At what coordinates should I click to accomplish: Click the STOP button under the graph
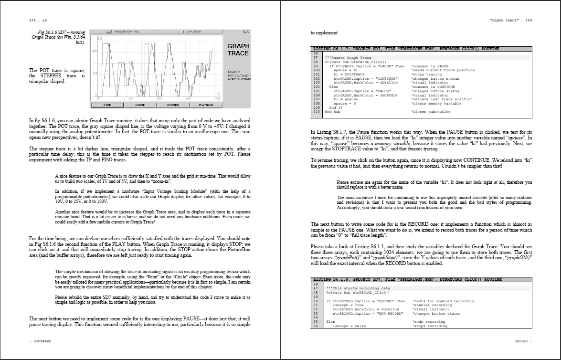click(107, 105)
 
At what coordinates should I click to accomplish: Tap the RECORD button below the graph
click(173, 105)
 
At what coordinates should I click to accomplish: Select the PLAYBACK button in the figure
click(206, 105)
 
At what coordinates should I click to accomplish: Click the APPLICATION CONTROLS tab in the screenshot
click(126, 32)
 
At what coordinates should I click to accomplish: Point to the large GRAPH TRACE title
click(238, 50)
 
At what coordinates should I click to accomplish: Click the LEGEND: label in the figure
click(234, 72)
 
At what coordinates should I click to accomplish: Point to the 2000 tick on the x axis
click(159, 98)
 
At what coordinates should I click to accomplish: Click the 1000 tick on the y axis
click(95, 50)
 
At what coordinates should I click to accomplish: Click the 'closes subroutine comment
click(430, 111)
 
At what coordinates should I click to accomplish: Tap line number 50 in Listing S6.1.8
click(316, 301)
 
